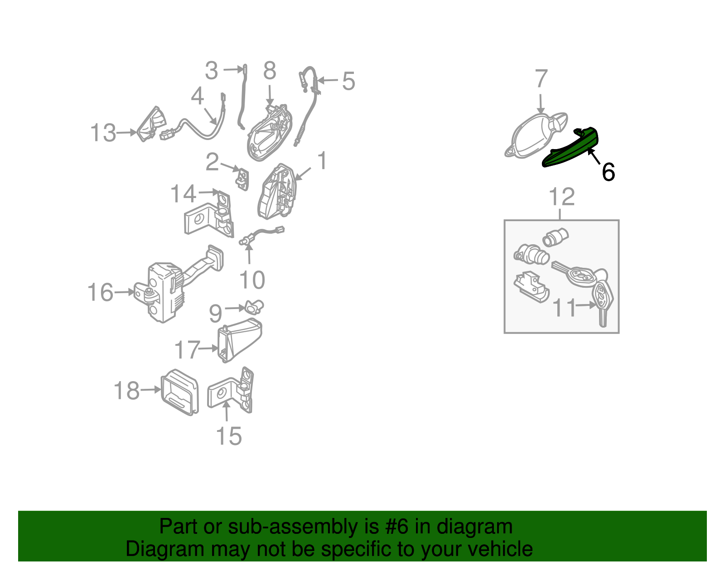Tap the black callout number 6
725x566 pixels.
[x=608, y=172]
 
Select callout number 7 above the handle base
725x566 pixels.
[x=541, y=79]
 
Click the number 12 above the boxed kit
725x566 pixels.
[x=561, y=197]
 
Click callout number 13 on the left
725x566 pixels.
[x=103, y=133]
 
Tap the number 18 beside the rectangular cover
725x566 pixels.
[x=126, y=391]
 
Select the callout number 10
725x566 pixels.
[x=252, y=280]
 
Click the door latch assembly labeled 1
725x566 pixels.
[x=277, y=193]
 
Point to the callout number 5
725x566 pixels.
[x=348, y=81]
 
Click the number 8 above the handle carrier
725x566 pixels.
[x=270, y=71]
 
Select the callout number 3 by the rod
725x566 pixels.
[x=211, y=71]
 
